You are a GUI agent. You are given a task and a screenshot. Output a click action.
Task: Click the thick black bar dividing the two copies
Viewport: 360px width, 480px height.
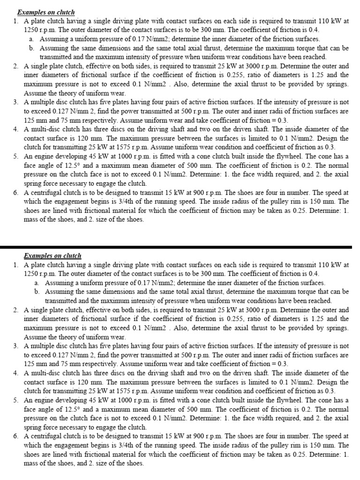(x=180, y=246)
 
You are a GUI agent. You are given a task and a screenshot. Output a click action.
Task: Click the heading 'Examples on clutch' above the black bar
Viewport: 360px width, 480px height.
(x=45, y=12)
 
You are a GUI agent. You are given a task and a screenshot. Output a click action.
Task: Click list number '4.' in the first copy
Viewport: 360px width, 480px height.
(x=16, y=129)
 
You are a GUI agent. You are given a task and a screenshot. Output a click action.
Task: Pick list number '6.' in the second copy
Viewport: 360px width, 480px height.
(x=16, y=436)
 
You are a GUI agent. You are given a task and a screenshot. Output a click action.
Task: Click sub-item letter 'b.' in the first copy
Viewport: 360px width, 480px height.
(x=31, y=48)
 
